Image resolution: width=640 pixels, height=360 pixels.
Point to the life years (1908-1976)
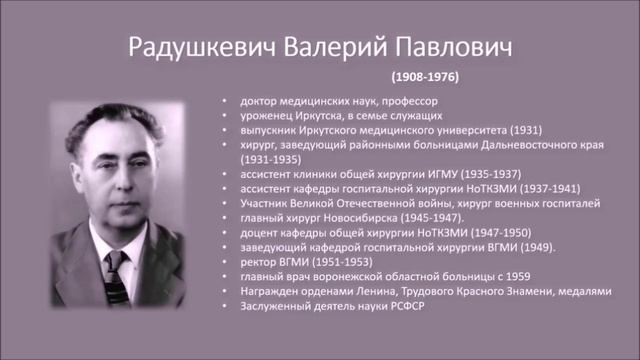425,76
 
